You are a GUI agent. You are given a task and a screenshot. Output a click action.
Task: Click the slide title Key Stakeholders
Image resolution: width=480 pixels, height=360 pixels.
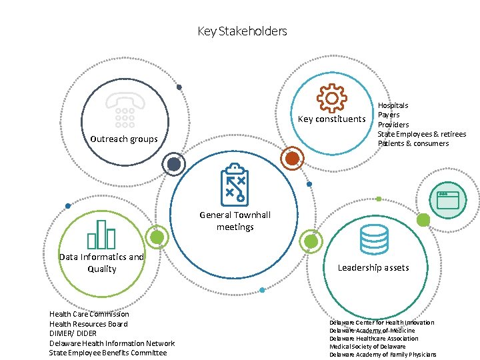(x=242, y=31)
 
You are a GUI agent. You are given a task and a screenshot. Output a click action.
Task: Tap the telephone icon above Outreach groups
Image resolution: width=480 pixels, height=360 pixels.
(x=125, y=109)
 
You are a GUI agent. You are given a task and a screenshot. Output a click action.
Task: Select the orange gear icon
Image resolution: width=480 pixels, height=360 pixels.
(x=331, y=97)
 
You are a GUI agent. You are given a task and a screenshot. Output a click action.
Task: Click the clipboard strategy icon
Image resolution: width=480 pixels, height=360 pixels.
(x=234, y=183)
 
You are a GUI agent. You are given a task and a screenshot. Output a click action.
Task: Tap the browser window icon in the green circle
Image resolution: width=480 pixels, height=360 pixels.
(x=448, y=199)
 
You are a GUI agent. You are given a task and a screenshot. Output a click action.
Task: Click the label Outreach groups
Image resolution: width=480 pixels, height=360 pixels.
(x=124, y=139)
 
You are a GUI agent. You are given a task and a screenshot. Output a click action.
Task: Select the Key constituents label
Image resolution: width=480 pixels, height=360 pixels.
(x=331, y=119)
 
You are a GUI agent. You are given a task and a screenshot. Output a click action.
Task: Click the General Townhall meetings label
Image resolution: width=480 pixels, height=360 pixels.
(x=235, y=221)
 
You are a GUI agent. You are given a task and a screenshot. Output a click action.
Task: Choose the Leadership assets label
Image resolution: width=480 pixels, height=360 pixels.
(x=373, y=267)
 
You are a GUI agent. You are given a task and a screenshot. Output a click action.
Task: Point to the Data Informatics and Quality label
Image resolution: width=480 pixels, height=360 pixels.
(x=101, y=263)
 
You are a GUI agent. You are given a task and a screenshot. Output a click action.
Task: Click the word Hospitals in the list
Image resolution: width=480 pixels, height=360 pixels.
(x=393, y=105)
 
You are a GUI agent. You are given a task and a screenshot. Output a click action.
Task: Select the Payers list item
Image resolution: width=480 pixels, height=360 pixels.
(x=389, y=115)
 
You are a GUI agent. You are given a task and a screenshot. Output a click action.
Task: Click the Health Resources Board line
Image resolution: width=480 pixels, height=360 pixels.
(x=89, y=324)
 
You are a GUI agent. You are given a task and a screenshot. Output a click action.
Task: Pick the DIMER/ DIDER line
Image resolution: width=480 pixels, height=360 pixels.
(x=73, y=333)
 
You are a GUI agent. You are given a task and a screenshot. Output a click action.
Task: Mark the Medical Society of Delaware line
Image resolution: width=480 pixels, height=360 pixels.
(x=367, y=347)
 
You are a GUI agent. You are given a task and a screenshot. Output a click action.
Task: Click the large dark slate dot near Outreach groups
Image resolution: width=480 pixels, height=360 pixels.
(x=173, y=164)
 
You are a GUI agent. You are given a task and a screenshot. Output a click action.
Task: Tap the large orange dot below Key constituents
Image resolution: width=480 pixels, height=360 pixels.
(x=291, y=158)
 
